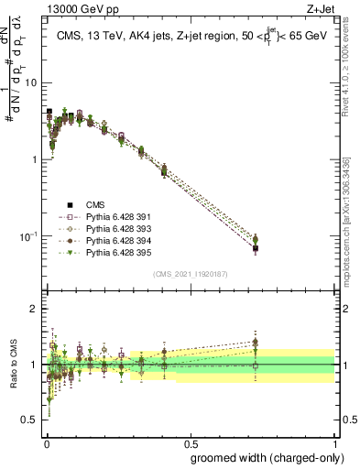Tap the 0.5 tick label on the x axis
pyautogui.click(x=190, y=442)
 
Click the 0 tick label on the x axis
pyautogui.click(x=46, y=442)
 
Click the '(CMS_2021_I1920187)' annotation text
pyautogui.click(x=190, y=273)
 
